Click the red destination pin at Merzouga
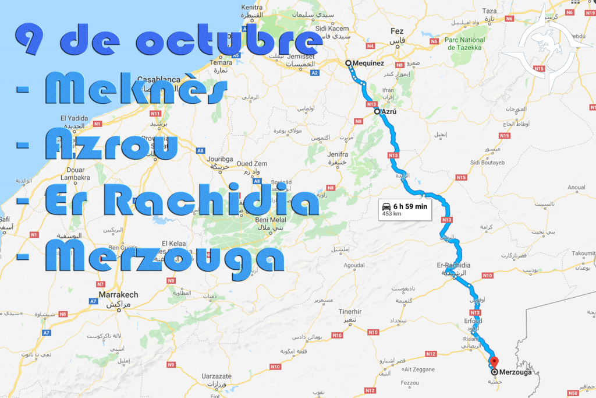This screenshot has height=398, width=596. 492,362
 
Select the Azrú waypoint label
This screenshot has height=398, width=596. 389,111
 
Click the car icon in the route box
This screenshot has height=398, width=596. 386,206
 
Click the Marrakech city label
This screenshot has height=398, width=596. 119,295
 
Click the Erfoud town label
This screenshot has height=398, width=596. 472,321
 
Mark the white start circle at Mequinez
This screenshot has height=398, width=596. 347,63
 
